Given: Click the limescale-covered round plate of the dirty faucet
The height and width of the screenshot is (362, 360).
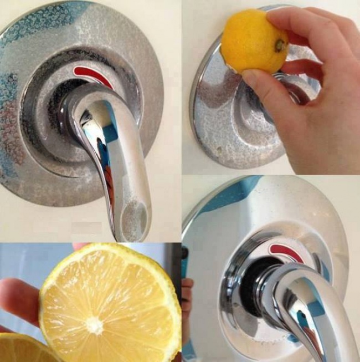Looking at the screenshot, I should [33, 111].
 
